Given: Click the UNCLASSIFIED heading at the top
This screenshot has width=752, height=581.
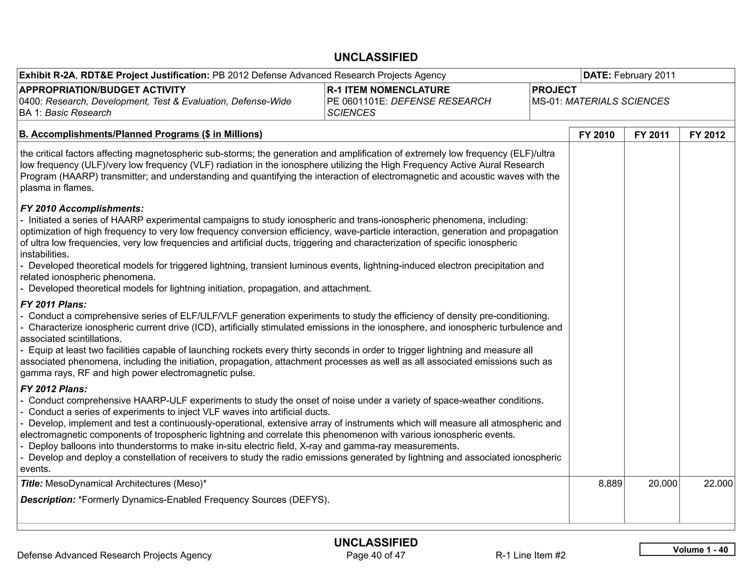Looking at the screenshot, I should tap(376, 57).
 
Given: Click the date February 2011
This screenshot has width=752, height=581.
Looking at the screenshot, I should tap(644, 75).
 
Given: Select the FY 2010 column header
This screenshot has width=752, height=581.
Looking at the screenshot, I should tap(596, 135).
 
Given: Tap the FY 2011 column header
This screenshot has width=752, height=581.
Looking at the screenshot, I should tap(652, 135).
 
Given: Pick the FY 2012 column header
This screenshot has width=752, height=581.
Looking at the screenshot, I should tap(707, 135).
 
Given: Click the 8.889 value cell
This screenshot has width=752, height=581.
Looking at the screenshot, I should tap(610, 483).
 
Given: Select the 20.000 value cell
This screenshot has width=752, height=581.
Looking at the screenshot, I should tap(662, 483).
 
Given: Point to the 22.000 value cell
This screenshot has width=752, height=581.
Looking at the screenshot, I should tap(718, 483).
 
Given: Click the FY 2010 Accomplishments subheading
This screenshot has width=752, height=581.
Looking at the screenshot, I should tap(82, 209).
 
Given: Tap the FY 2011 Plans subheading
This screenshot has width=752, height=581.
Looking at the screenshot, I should tap(53, 304).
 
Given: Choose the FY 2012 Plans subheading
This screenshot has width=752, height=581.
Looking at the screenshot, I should tap(54, 389).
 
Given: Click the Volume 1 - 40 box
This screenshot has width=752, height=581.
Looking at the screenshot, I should tap(687, 549).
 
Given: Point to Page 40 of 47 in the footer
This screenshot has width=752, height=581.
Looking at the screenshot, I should tap(376, 555).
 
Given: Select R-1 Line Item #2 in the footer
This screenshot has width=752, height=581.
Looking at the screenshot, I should tap(530, 555).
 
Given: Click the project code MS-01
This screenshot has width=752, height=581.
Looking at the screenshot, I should tap(547, 101).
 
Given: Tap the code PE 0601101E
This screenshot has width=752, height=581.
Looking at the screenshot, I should tap(357, 101).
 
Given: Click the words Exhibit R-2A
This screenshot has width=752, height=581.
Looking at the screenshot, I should tap(47, 75).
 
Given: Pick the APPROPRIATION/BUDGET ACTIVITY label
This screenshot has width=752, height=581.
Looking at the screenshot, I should tap(102, 90).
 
